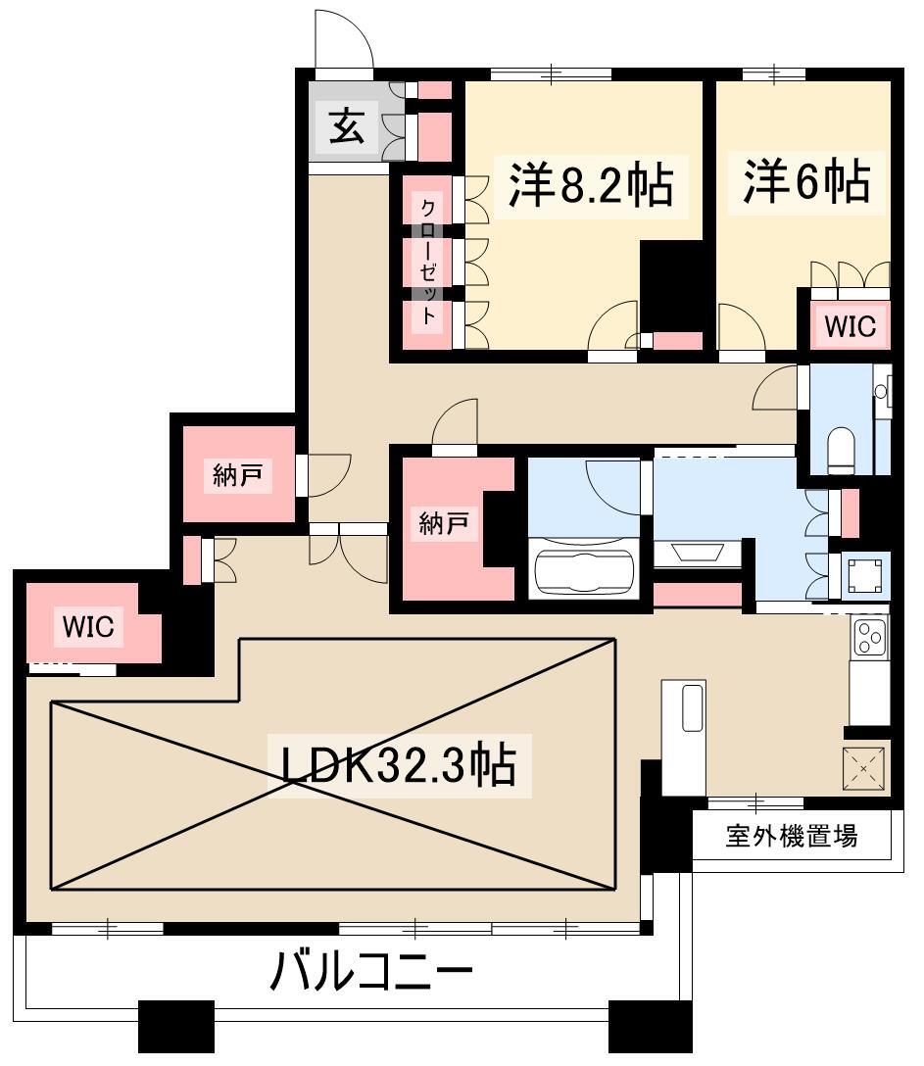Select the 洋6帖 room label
tap(806, 181)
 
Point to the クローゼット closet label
tap(427, 262)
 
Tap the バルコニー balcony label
tap(371, 971)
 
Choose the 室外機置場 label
tap(792, 836)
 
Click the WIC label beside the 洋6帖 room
tap(850, 325)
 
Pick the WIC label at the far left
tap(88, 625)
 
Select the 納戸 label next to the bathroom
tap(443, 523)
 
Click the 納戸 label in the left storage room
tap(237, 475)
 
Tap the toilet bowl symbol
tap(842, 450)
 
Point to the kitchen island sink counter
tap(684, 737)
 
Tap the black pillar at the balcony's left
tap(176, 1026)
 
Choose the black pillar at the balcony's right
tap(650, 1026)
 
